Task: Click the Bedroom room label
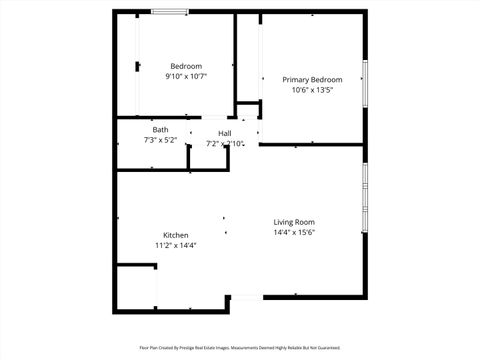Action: pyautogui.click(x=186, y=66)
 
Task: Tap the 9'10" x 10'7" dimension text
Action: pyautogui.click(x=186, y=76)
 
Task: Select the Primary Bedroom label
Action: pyautogui.click(x=312, y=80)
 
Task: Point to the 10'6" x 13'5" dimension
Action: pyautogui.click(x=312, y=90)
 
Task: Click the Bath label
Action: pyautogui.click(x=160, y=130)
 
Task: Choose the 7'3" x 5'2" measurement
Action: pyautogui.click(x=160, y=140)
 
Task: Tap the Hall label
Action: pyautogui.click(x=225, y=133)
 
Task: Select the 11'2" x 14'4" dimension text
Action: pyautogui.click(x=175, y=245)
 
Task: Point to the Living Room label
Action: pyautogui.click(x=295, y=222)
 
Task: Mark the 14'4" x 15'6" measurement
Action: pyautogui.click(x=295, y=232)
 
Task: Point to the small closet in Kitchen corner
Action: pyautogui.click(x=136, y=287)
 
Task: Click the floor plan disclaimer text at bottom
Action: pyautogui.click(x=240, y=349)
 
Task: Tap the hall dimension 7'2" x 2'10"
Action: pyautogui.click(x=226, y=143)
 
